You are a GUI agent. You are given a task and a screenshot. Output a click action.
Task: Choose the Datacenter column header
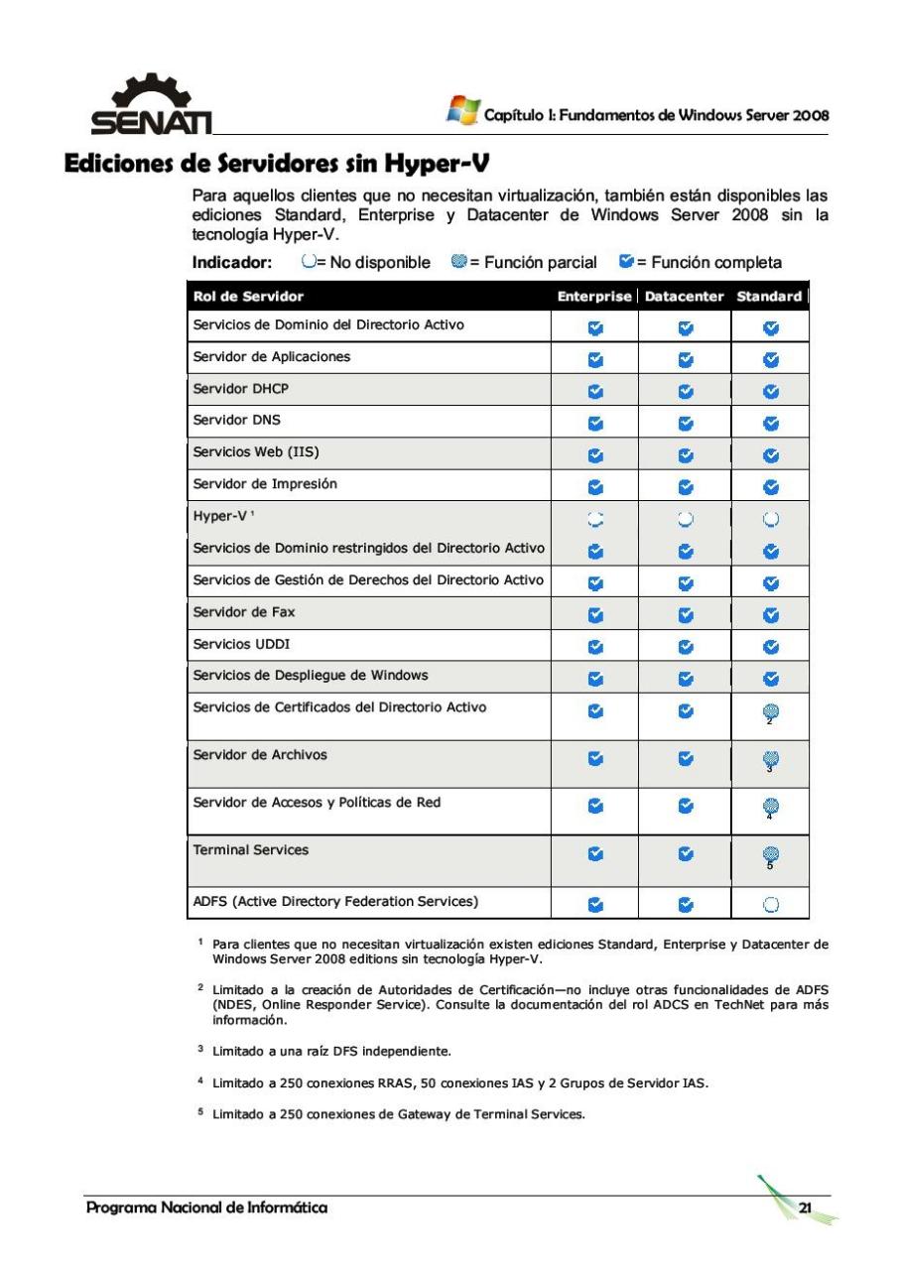[684, 297]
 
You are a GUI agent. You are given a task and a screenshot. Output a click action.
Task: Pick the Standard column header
[769, 297]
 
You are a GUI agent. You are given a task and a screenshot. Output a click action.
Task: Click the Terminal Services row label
[250, 849]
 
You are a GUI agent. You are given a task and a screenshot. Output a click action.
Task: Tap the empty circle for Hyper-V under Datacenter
[685, 517]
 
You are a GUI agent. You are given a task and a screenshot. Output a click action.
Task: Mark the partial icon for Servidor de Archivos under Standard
[770, 758]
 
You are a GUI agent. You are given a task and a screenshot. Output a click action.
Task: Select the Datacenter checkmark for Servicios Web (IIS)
[685, 454]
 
